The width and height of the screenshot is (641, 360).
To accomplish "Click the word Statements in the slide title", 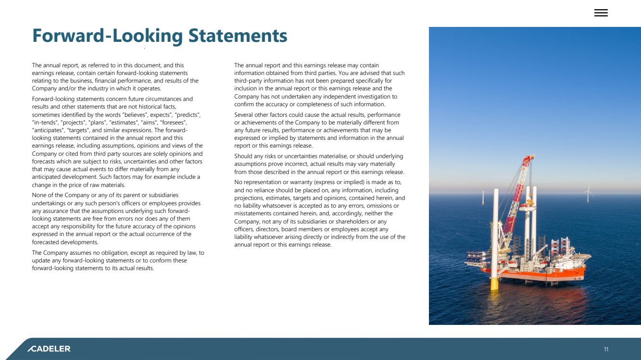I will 238,36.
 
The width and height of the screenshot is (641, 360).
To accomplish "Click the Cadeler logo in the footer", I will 49,348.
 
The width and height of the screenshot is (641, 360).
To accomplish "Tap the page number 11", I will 606,349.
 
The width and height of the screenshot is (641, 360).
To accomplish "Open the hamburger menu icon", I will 601,13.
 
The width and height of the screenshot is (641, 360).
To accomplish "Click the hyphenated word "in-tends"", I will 45,123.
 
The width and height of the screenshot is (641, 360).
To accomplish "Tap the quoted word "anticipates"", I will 48,130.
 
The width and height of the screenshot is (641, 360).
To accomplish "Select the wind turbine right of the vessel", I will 587,192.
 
